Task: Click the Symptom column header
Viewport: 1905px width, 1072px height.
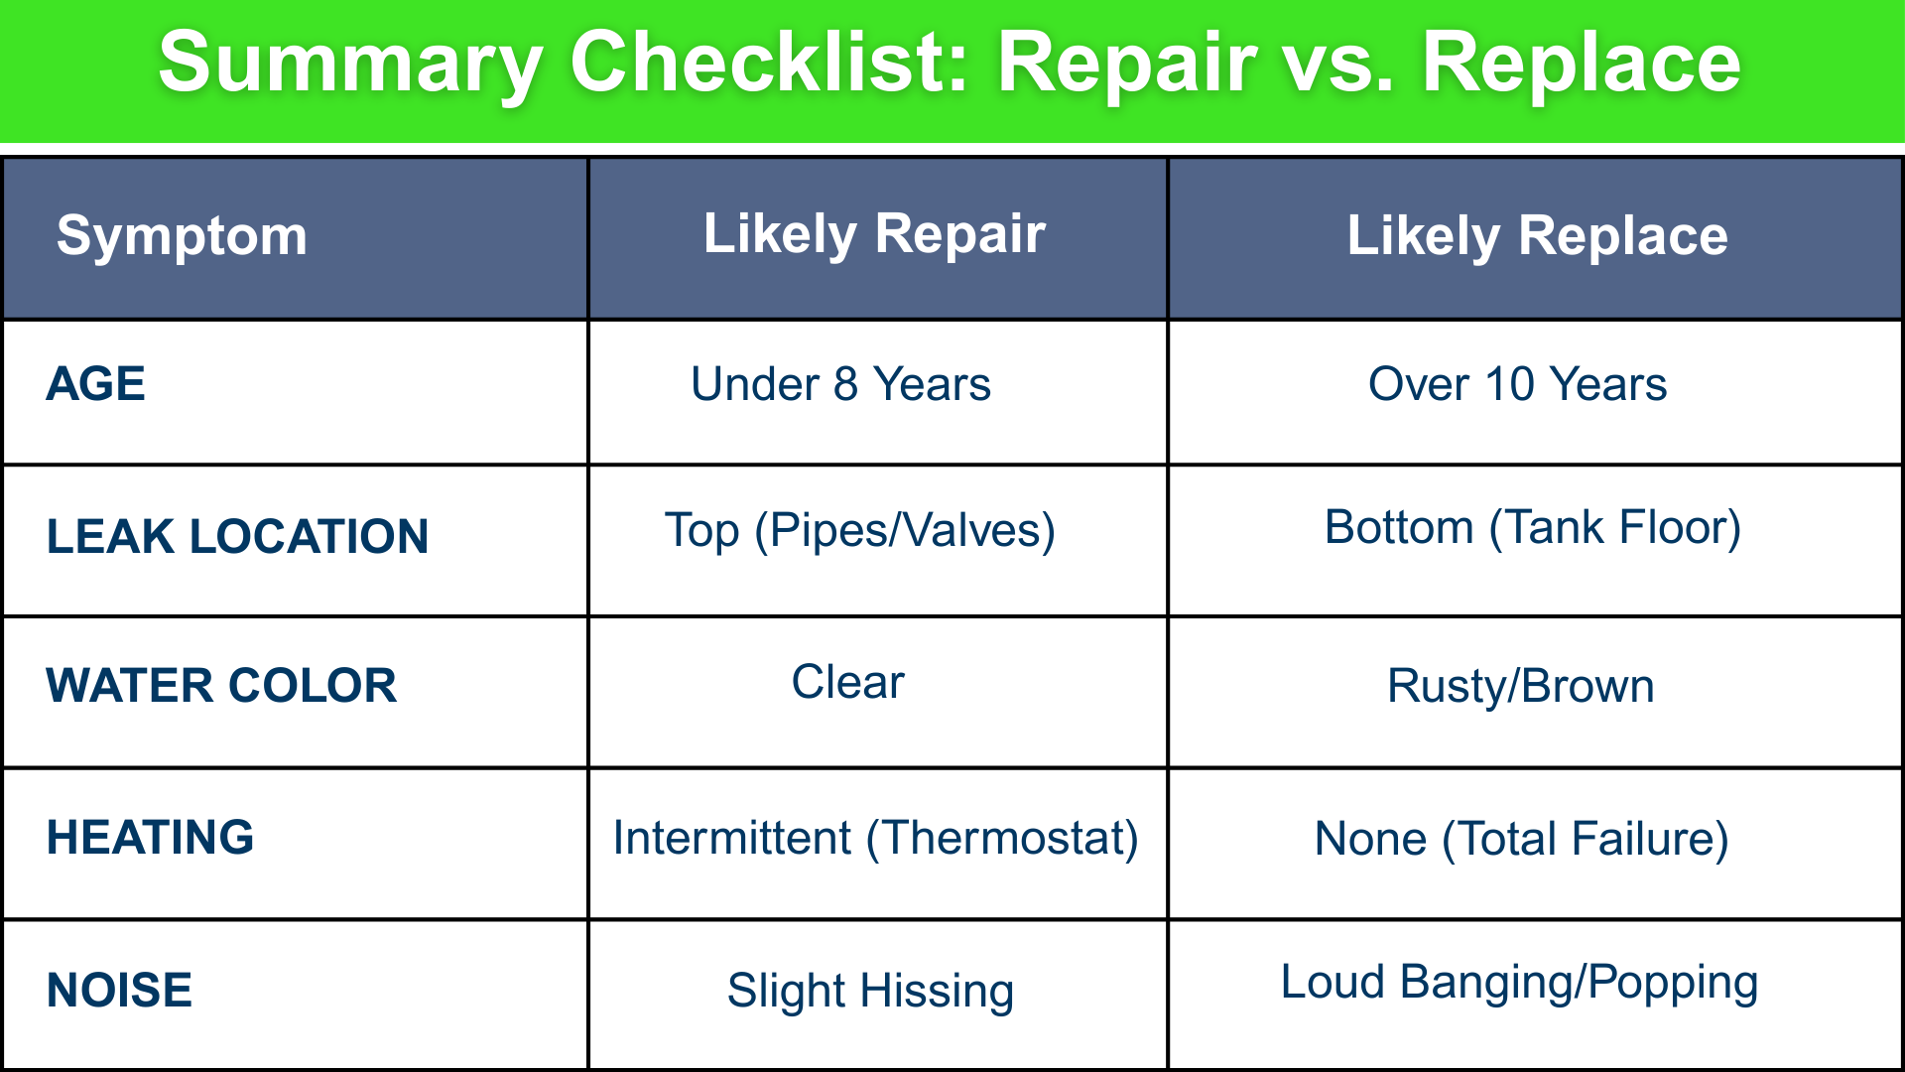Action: pyautogui.click(x=182, y=236)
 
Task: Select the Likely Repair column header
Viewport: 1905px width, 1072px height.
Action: pyautogui.click(x=874, y=234)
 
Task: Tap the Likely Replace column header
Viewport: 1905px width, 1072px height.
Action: pyautogui.click(x=1537, y=236)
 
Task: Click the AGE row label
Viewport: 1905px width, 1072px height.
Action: pyautogui.click(x=96, y=384)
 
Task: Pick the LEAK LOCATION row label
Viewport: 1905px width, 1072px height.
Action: pyautogui.click(x=237, y=537)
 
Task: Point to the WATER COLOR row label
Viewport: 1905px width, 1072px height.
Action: pyautogui.click(x=221, y=686)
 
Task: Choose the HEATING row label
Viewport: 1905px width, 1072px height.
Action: pyautogui.click(x=150, y=838)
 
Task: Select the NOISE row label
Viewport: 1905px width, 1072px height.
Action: pyautogui.click(x=119, y=991)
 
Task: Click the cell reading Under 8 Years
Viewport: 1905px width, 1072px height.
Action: pyautogui.click(x=840, y=384)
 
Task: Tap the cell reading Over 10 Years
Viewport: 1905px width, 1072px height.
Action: pyautogui.click(x=1517, y=384)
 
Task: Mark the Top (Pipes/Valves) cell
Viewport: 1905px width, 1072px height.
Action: pyautogui.click(x=859, y=530)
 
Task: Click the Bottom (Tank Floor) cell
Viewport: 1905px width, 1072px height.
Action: pyautogui.click(x=1533, y=527)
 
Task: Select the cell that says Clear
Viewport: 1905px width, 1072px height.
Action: pyautogui.click(x=847, y=682)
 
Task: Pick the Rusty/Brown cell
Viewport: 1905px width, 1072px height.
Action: pyautogui.click(x=1520, y=686)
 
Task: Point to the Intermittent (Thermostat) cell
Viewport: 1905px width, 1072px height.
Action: pyautogui.click(x=875, y=838)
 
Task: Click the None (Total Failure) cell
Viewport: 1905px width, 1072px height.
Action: pyautogui.click(x=1521, y=839)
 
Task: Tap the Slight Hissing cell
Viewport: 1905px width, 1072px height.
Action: pyautogui.click(x=870, y=991)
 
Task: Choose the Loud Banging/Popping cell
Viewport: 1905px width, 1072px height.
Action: pyautogui.click(x=1519, y=983)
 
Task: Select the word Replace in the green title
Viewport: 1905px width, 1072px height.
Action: pyautogui.click(x=1582, y=64)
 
